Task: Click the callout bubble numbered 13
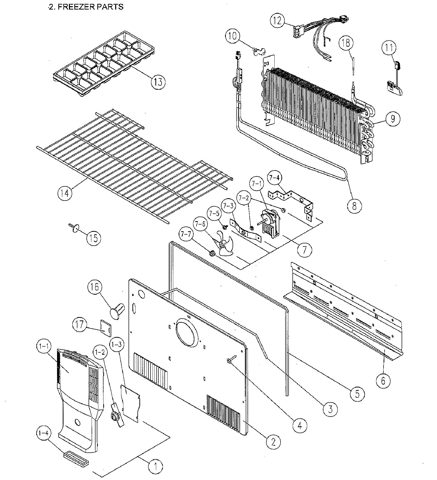pyautogui.click(x=158, y=82)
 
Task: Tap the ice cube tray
pyautogui.click(x=103, y=63)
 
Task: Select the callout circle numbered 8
pyautogui.click(x=354, y=206)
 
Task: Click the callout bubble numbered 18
pyautogui.click(x=346, y=43)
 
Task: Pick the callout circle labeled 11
pyautogui.click(x=389, y=48)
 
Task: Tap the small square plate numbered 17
pyautogui.click(x=106, y=328)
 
